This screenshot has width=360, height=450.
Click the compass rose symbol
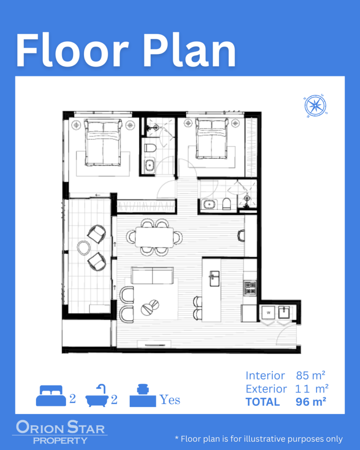[316, 105]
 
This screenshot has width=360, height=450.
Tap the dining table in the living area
[154, 237]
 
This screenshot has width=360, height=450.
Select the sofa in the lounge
[152, 276]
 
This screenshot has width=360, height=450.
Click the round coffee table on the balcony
[84, 248]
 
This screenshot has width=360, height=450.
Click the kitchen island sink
[215, 278]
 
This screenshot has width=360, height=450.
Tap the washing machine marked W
[269, 312]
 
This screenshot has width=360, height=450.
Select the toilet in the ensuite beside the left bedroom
[150, 149]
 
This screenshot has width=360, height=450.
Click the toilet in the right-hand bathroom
[226, 203]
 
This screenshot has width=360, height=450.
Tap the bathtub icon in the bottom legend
[97, 396]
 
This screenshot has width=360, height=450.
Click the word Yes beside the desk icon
[170, 399]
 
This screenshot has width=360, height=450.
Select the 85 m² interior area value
[311, 375]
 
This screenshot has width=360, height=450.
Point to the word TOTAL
[262, 402]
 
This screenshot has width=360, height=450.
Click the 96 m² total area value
[311, 402]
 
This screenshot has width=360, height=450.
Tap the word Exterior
[266, 389]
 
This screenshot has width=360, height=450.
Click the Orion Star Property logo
[60, 432]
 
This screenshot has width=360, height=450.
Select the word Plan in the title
[189, 51]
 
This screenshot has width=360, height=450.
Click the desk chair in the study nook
[241, 236]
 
